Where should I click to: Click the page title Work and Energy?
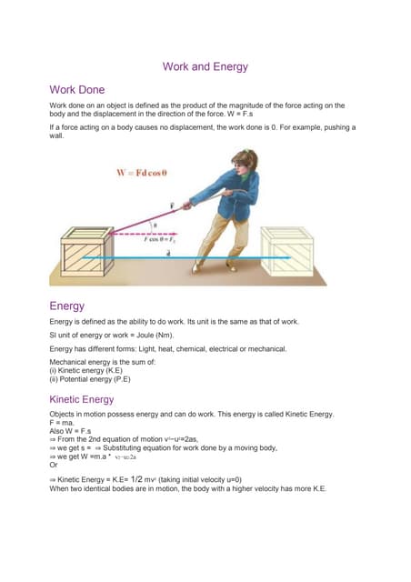click(205, 66)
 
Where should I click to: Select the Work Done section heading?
click(77, 90)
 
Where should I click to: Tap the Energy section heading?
click(66, 306)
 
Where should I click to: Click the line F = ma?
click(63, 422)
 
